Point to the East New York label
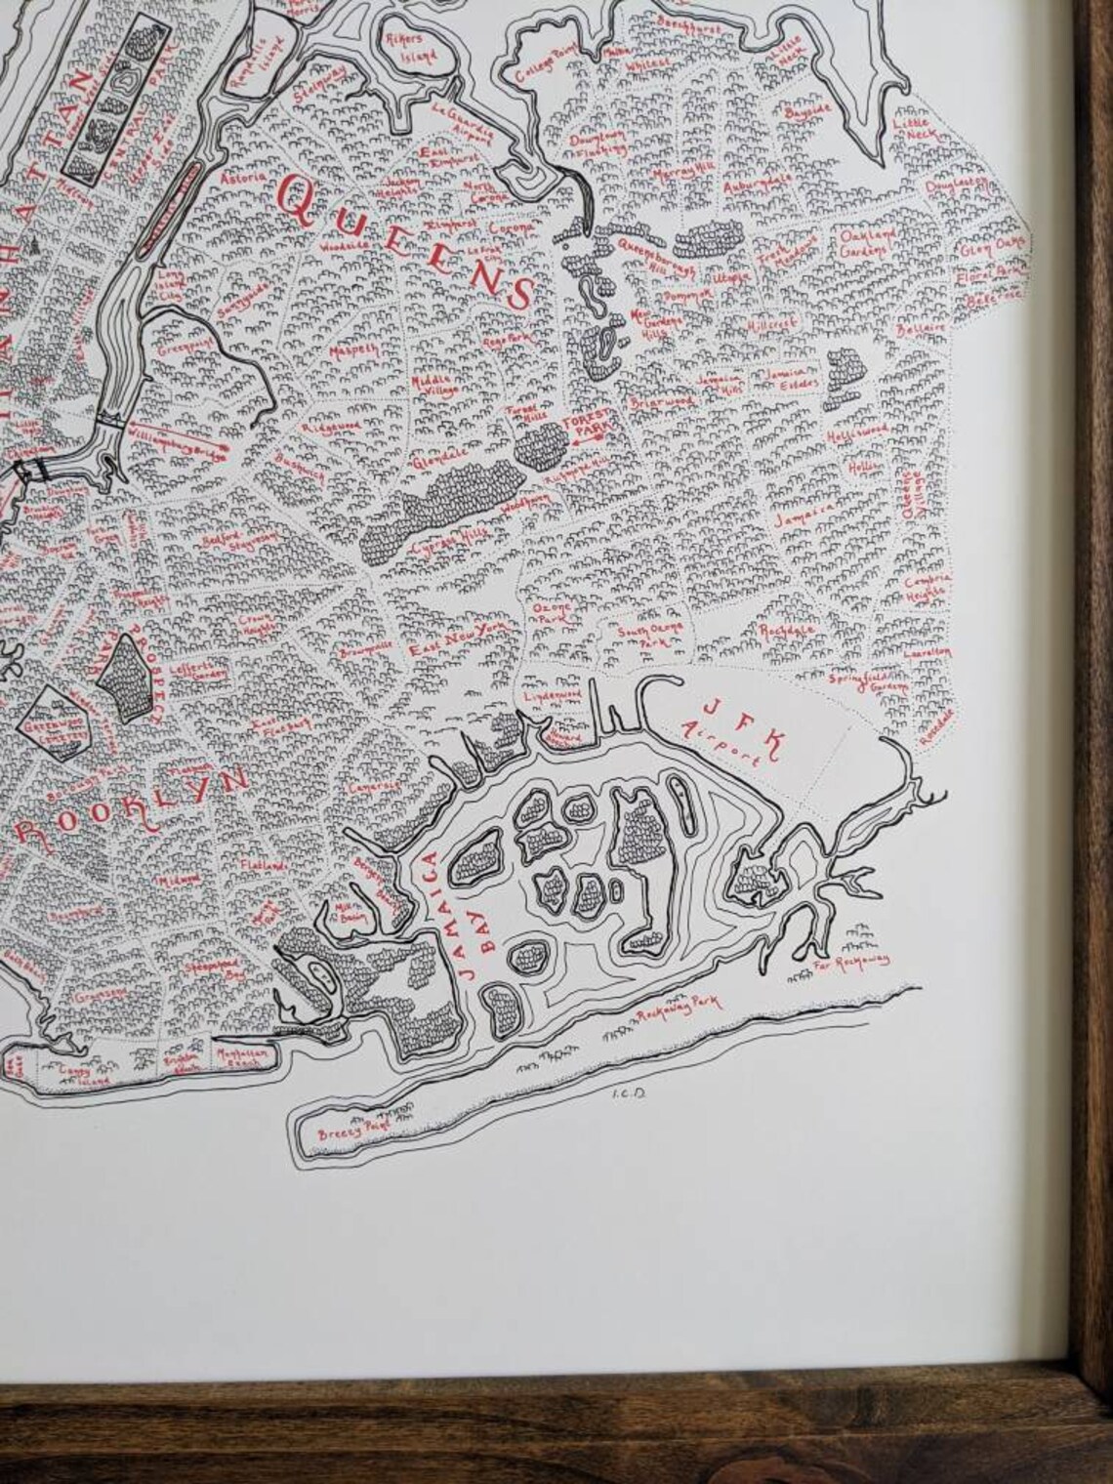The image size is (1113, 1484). (x=463, y=641)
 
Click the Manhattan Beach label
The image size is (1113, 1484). (x=242, y=1061)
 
